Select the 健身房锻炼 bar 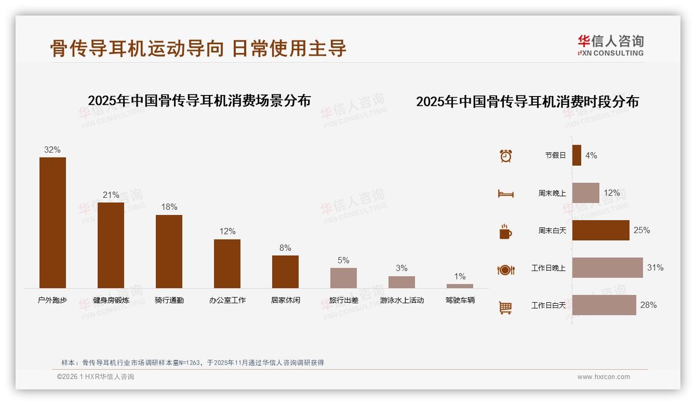(111, 245)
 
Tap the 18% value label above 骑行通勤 (169, 207)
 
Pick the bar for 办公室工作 (227, 263)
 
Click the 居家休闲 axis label (285, 300)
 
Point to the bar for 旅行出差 (343, 278)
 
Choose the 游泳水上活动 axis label (401, 300)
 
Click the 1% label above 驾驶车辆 (460, 277)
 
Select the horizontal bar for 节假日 (577, 155)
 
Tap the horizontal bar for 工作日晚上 (607, 267)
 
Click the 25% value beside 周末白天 (641, 230)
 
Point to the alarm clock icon (505, 156)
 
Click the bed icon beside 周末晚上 (505, 194)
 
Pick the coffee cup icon (505, 232)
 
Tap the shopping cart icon (505, 307)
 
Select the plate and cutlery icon (505, 269)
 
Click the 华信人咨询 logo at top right (610, 45)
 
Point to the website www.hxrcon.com (604, 377)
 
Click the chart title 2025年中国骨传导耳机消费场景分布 (199, 100)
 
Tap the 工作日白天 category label (548, 305)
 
